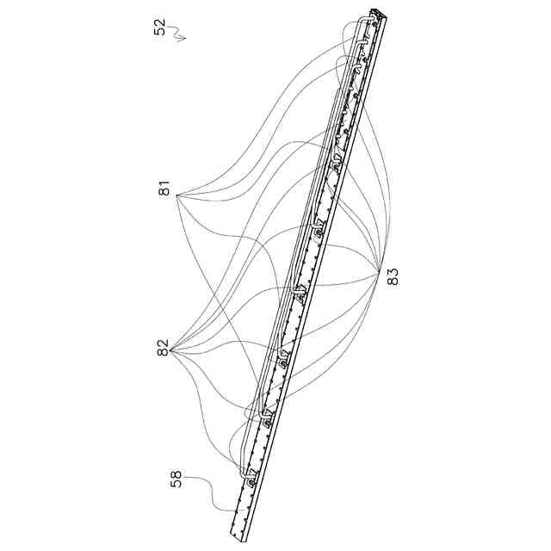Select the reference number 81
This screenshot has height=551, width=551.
pyautogui.click(x=164, y=190)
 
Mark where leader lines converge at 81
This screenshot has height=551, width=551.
pyautogui.click(x=176, y=195)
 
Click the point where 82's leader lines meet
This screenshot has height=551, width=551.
pyautogui.click(x=172, y=351)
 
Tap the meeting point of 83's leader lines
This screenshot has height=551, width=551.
pyautogui.click(x=381, y=275)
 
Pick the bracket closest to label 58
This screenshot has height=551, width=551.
pyautogui.click(x=249, y=479)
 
